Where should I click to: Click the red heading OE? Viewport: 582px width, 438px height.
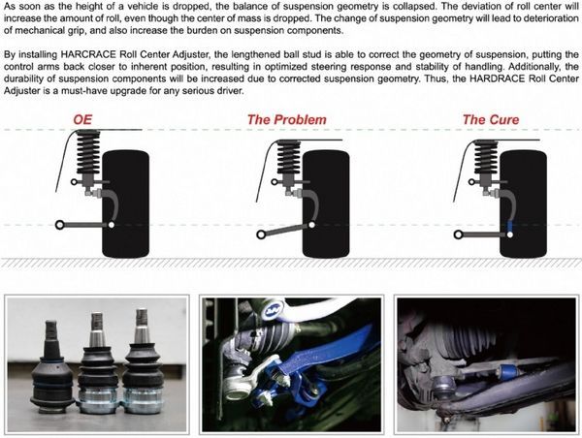(82, 120)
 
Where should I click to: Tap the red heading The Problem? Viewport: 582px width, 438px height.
(287, 120)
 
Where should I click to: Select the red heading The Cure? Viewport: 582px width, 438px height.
(491, 120)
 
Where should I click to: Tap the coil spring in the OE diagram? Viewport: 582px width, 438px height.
(88, 153)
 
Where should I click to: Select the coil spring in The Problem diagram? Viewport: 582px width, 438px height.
(289, 159)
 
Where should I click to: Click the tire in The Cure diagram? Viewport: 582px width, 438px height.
(523, 204)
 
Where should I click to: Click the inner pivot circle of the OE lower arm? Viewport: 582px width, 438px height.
(59, 225)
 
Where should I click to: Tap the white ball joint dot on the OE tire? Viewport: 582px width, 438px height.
(112, 225)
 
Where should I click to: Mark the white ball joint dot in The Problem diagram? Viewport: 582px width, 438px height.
(311, 225)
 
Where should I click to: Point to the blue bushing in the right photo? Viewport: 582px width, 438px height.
(507, 371)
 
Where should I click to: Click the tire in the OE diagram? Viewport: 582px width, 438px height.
(125, 204)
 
